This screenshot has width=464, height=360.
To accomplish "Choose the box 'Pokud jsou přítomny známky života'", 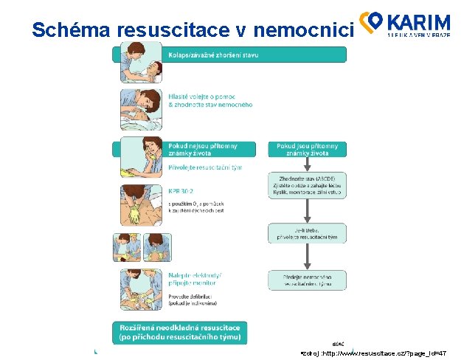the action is (x=305, y=149).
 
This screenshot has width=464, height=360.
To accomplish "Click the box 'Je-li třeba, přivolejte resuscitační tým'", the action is (x=305, y=234).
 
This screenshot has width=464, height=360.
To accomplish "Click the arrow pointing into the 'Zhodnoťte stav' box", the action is (x=305, y=165).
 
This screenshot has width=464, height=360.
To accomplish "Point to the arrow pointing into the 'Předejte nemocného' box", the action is (x=305, y=258).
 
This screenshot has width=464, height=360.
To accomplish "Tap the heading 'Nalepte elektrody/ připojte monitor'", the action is (x=190, y=279).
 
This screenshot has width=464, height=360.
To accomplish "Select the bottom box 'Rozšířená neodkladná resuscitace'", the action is (x=180, y=332).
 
